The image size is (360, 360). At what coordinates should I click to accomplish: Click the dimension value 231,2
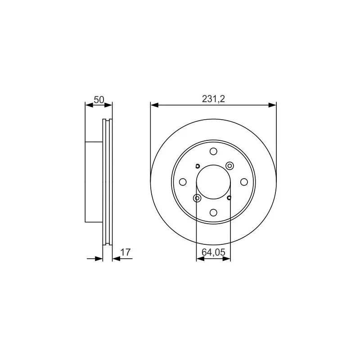pyautogui.click(x=213, y=99)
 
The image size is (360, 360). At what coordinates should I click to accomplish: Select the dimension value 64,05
pyautogui.click(x=213, y=252)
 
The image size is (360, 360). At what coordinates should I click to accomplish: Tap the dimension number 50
pyautogui.click(x=99, y=100)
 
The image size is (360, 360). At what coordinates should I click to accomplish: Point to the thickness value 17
pyautogui.click(x=126, y=252)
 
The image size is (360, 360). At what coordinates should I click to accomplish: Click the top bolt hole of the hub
pyautogui.click(x=213, y=152)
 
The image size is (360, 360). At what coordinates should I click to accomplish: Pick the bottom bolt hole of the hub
pyautogui.click(x=213, y=212)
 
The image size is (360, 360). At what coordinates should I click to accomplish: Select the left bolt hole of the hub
pyautogui.click(x=183, y=182)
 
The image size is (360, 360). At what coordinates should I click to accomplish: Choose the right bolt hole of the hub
pyautogui.click(x=244, y=182)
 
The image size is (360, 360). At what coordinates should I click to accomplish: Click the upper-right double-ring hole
pyautogui.click(x=229, y=166)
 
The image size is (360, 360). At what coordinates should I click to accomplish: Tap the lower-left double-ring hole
pyautogui.click(x=197, y=198)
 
